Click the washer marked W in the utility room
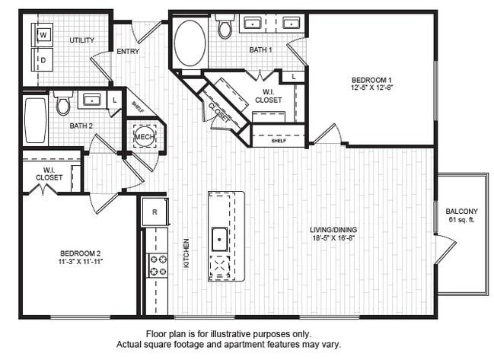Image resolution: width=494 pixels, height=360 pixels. point(43,35)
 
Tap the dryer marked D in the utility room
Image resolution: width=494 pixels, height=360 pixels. point(43,59)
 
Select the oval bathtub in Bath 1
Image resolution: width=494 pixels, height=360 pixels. point(190,43)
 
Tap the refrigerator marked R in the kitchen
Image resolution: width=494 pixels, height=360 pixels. point(155,212)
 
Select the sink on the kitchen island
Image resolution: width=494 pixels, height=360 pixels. point(220,238)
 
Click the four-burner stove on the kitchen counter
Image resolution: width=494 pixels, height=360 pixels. point(158,265)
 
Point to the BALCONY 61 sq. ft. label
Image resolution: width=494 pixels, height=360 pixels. point(461,216)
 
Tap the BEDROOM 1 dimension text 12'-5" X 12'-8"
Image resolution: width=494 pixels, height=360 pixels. point(371,88)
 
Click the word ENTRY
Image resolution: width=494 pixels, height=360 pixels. point(127,52)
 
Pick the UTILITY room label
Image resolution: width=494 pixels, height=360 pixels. point(82,40)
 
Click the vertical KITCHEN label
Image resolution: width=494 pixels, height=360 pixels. point(185,253)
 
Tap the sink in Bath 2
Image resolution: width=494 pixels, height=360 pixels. point(91,99)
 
